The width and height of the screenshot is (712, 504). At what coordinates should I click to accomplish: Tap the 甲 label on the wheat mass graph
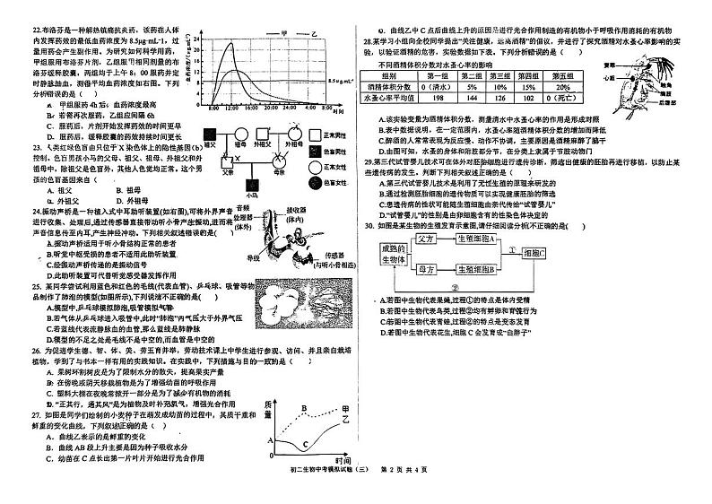(346, 409)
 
